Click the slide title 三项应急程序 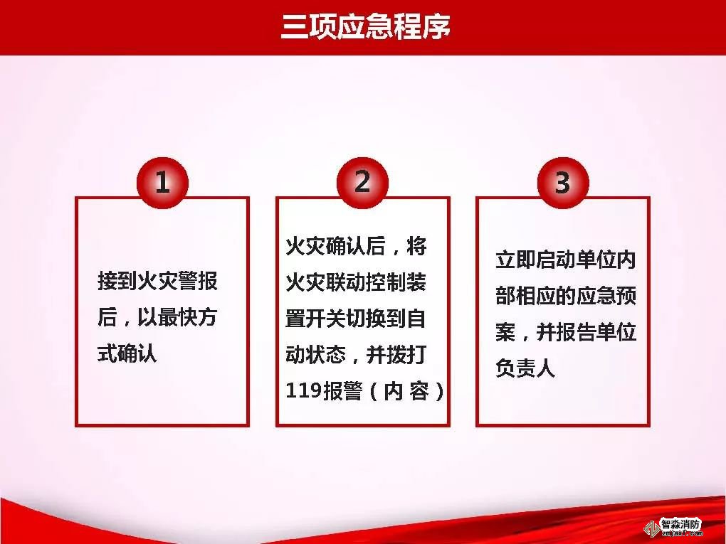pos(366,27)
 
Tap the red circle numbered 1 pos(162,183)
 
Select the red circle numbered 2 pos(362,182)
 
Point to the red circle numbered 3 pos(563,183)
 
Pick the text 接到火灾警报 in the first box pos(157,281)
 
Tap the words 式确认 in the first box pos(127,353)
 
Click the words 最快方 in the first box pos(187,317)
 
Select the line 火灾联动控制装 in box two pos(356,282)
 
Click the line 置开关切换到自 pos(356,319)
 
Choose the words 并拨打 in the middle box pos(396,355)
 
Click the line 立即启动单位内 pos(566,260)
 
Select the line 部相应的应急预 pos(566,296)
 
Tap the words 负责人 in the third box pos(525,368)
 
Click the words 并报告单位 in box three pos(586,332)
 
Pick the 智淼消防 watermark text pos(680,524)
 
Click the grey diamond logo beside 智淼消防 pos(653,528)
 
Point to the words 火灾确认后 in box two pos(335,246)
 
